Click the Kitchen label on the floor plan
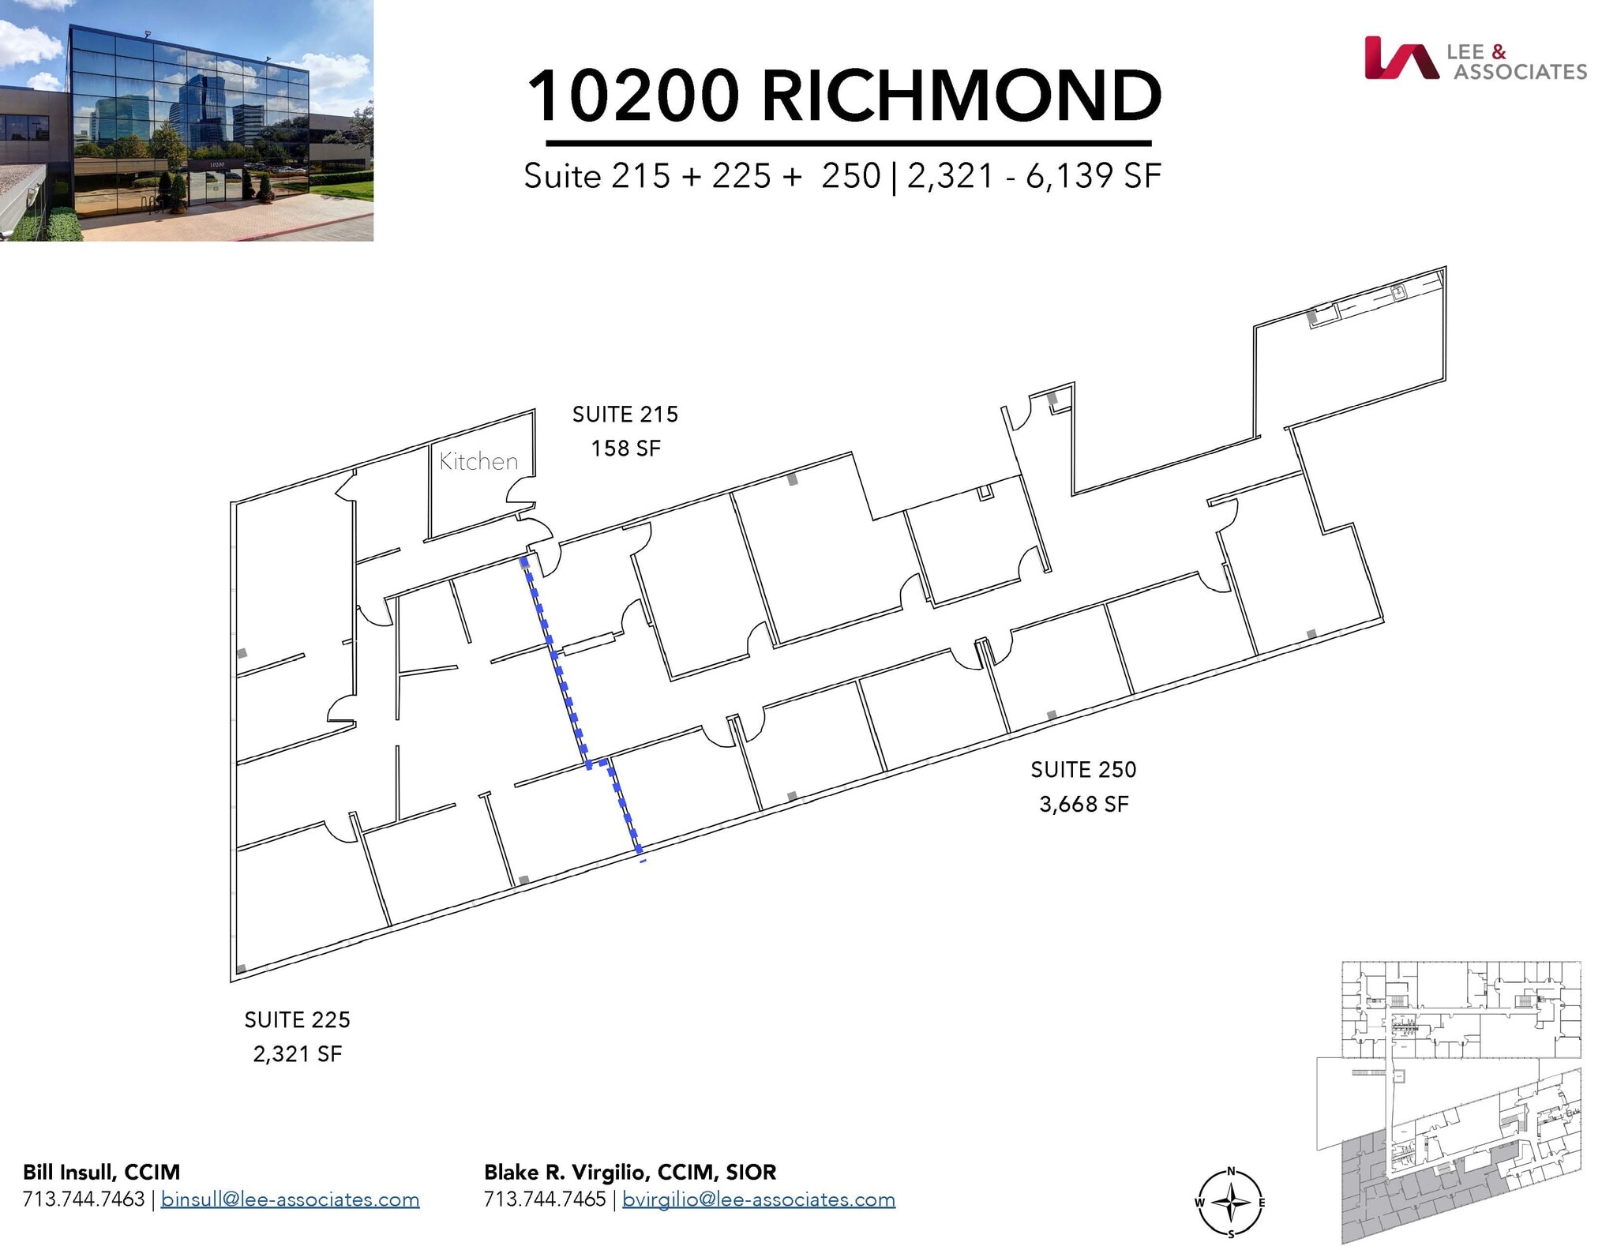pos(478,461)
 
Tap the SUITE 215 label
pos(625,415)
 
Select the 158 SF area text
pos(625,449)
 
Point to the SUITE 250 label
pos(1083,770)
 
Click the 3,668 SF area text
pos(1083,805)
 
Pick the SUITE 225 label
pos(297,1020)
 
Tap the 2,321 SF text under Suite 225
pos(297,1055)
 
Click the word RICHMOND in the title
pos(961,96)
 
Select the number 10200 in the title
pos(632,96)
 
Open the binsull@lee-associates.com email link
pos(290,1200)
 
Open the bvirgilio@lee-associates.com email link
pos(758,1200)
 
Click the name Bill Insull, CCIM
pos(102,1173)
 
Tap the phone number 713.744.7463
pos(84,1200)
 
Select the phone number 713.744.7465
pos(545,1200)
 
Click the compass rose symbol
pos(1230,1203)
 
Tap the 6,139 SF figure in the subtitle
pos(1093,176)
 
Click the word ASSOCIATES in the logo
pos(1520,73)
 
